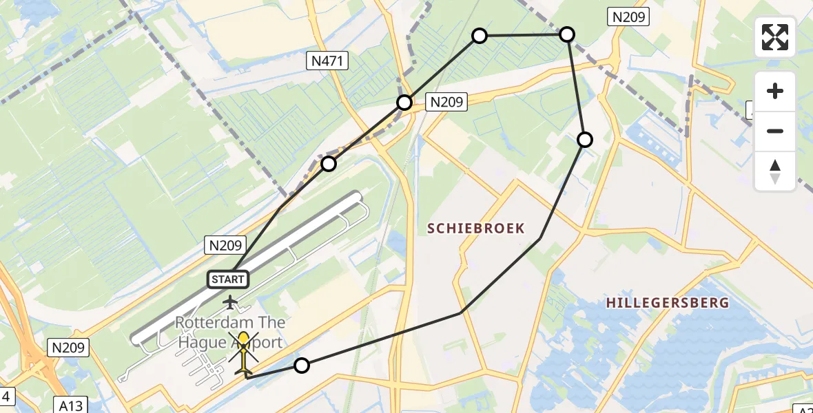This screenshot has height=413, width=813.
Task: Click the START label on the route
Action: click(228, 279)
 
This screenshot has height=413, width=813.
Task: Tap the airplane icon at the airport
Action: click(230, 301)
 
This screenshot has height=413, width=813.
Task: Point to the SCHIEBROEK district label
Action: click(476, 229)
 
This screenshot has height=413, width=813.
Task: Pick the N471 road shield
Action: click(327, 62)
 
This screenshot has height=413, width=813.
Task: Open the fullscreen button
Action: click(775, 37)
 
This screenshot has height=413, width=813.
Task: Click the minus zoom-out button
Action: click(775, 131)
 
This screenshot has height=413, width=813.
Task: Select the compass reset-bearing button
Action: click(775, 171)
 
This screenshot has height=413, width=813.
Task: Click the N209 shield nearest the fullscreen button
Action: click(628, 17)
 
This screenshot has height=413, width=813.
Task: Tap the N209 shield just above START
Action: click(224, 245)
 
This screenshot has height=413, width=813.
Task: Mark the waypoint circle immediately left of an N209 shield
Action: click(404, 103)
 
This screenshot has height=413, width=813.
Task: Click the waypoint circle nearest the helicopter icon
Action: click(301, 366)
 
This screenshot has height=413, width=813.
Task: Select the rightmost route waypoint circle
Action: click(584, 140)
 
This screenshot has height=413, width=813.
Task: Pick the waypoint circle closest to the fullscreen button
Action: click(566, 34)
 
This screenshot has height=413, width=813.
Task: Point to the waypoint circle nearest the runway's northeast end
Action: click(329, 164)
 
